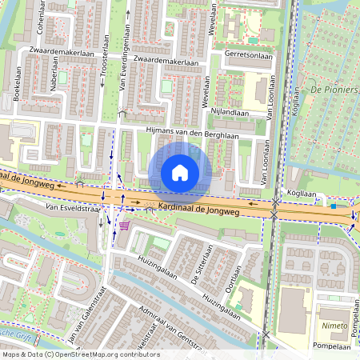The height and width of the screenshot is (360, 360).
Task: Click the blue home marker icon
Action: coord(180,172)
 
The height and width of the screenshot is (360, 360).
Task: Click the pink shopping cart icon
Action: coord(124,226)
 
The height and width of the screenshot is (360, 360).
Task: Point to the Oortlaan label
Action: coord(232,279)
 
